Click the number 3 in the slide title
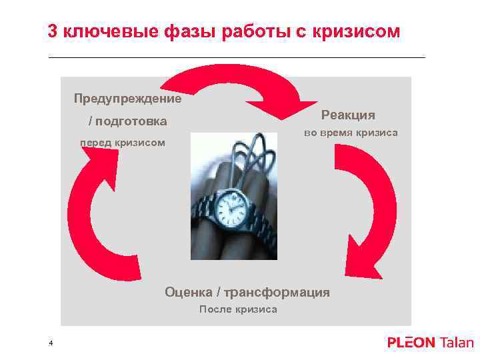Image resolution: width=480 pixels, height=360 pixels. [x=53, y=31]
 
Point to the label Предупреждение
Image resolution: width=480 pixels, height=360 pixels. [x=127, y=99]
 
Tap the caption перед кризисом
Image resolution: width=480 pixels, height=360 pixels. [x=123, y=143]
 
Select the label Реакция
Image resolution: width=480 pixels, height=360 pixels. [x=348, y=115]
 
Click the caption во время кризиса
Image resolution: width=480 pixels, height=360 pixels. [x=351, y=133]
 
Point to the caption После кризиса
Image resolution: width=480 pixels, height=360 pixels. [x=238, y=309]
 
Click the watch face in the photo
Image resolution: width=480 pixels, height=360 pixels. [x=230, y=209]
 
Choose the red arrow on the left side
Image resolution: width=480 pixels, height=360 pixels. [x=93, y=213]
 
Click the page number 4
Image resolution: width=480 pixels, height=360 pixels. [x=51, y=343]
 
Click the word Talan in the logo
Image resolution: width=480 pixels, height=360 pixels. [x=456, y=343]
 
